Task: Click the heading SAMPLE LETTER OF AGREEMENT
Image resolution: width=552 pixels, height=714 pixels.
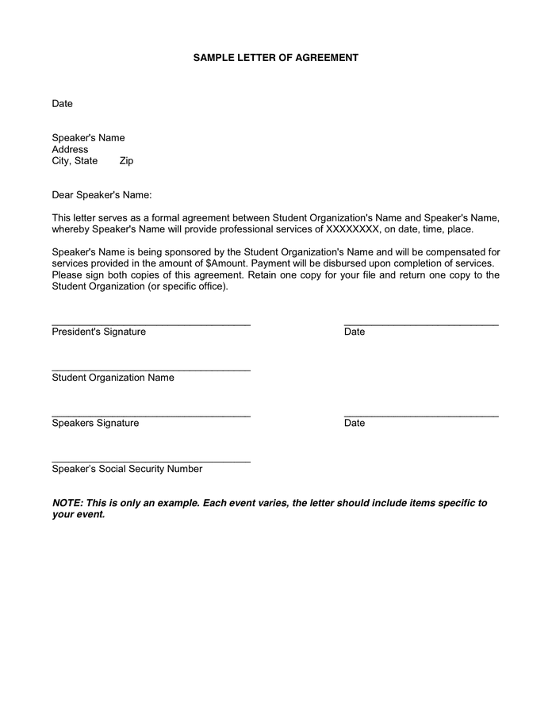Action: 276,58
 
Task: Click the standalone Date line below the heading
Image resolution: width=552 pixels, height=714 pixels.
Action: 62,104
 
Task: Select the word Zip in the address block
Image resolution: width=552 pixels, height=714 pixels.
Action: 126,161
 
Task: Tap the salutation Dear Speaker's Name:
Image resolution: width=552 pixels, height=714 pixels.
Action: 102,195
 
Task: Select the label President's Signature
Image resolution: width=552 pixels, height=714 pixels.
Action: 98,332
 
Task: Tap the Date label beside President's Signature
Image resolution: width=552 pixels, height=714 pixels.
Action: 355,332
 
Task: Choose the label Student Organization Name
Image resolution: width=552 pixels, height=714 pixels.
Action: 113,378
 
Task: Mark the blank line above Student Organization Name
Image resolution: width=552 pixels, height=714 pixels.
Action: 151,370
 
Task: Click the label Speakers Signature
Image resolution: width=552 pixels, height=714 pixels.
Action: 95,424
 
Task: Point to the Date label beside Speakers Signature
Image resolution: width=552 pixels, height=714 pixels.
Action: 355,424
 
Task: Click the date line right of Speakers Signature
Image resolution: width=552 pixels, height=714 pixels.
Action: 421,416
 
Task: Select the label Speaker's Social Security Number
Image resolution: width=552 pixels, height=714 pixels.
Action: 127,469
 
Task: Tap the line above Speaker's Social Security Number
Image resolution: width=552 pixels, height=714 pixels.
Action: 151,462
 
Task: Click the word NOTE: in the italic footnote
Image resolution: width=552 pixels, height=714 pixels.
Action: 67,504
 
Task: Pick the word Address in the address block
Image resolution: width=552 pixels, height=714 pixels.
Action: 70,149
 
